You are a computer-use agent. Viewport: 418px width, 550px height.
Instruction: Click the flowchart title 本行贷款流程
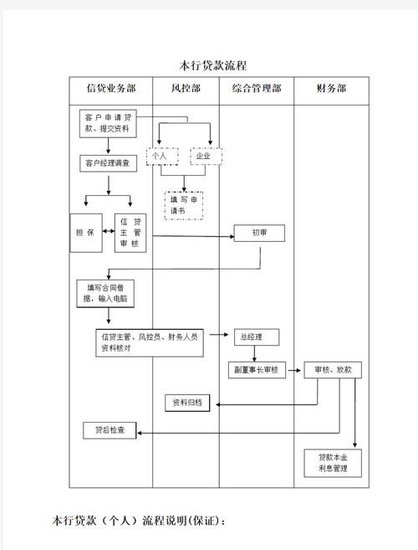[x=213, y=65]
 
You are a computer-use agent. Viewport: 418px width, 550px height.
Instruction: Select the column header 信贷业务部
[x=111, y=88]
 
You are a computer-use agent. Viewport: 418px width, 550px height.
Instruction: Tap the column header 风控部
[x=186, y=88]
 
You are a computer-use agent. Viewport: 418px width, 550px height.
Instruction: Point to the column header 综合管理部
[x=256, y=88]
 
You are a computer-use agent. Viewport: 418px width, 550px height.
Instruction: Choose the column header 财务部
[x=331, y=88]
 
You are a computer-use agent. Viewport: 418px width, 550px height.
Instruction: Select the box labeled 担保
[x=84, y=233]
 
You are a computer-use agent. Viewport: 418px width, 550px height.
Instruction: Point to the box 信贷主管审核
[x=130, y=233]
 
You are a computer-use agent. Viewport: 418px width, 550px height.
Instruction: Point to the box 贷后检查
[x=110, y=430]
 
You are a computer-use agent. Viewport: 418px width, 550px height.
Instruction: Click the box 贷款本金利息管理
[x=333, y=463]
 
